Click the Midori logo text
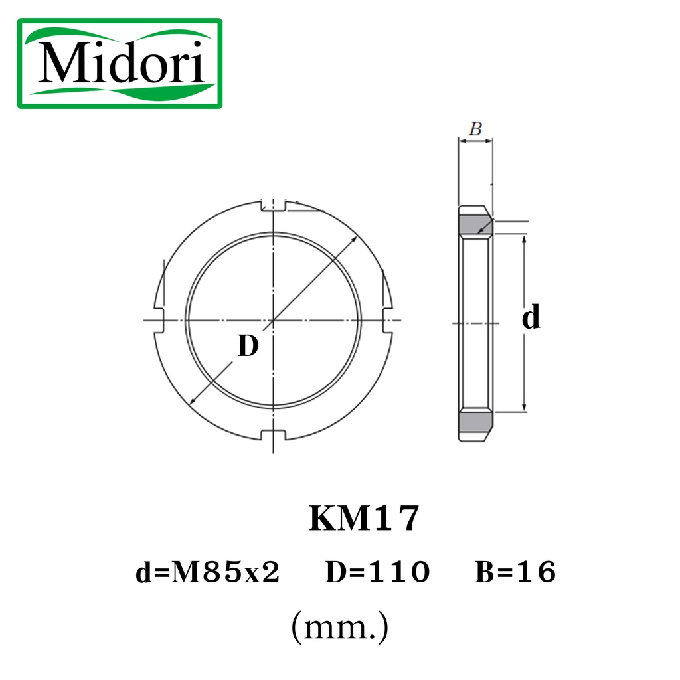tap(121, 62)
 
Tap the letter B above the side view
tap(475, 128)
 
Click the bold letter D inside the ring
tap(248, 345)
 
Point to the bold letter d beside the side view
tap(531, 317)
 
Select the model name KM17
tap(364, 518)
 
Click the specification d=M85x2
tap(207, 572)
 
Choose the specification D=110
tap(377, 572)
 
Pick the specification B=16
tap(515, 572)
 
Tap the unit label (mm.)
tap(339, 627)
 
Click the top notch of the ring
tap(273, 206)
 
